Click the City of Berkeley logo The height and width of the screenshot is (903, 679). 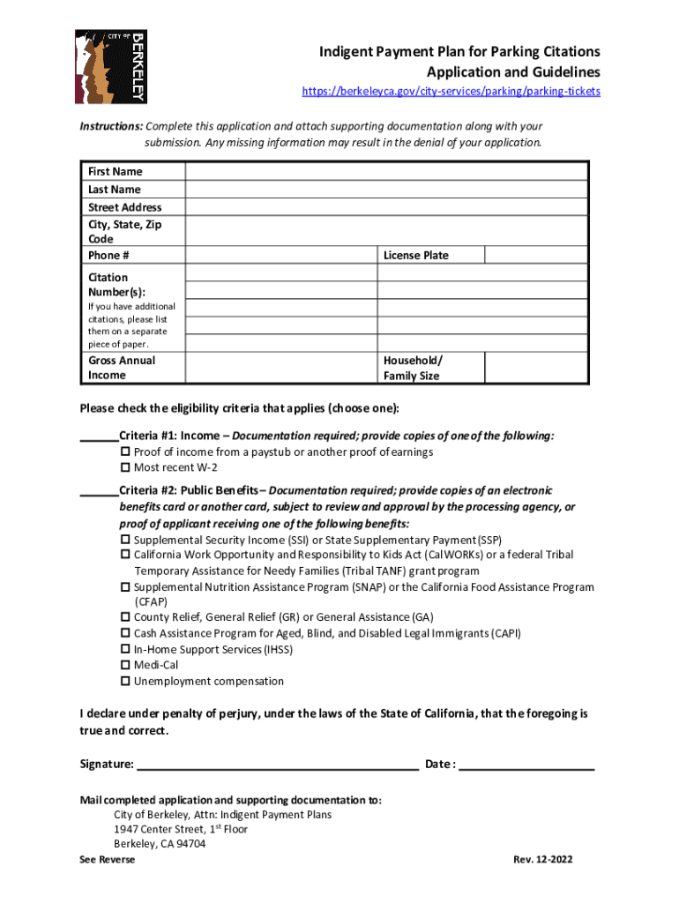tap(111, 66)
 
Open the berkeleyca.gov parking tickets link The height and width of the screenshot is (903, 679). tap(451, 92)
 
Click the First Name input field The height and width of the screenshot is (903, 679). tap(386, 171)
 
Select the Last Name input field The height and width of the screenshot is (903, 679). tap(386, 189)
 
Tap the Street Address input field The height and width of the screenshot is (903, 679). tap(386, 206)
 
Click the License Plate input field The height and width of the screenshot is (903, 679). tap(536, 255)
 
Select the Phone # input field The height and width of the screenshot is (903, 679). tap(281, 255)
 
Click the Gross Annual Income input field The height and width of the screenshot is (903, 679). tap(281, 368)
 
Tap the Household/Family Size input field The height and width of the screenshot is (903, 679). tap(536, 368)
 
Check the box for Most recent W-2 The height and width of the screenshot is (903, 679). tap(125, 467)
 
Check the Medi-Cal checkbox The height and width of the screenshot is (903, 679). tap(125, 666)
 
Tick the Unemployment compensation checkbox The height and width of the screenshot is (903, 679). tap(125, 682)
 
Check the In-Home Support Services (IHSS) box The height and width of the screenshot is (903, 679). tap(125, 650)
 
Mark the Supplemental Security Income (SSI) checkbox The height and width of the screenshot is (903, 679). tap(125, 540)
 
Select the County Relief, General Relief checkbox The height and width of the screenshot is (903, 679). tap(125, 618)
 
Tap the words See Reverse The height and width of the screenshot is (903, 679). tap(107, 860)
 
